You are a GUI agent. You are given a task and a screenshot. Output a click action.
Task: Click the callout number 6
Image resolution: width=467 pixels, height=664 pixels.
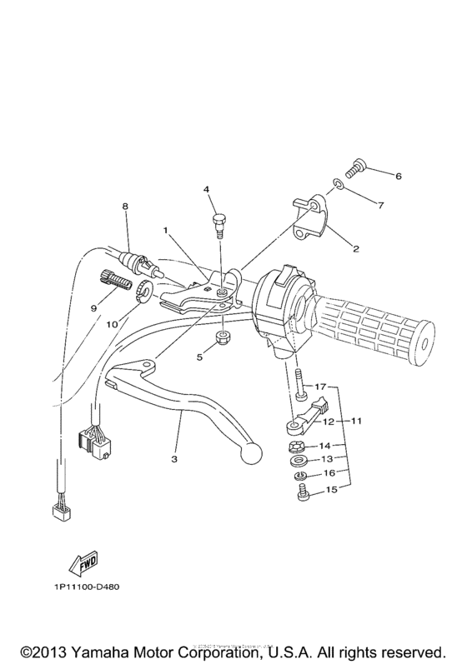399,176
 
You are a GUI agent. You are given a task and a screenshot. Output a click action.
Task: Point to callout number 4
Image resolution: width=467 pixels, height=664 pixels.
204,189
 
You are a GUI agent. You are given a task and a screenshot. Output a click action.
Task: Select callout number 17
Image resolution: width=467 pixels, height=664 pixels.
323,387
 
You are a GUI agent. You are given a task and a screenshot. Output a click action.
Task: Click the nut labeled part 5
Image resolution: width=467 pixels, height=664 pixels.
224,338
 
